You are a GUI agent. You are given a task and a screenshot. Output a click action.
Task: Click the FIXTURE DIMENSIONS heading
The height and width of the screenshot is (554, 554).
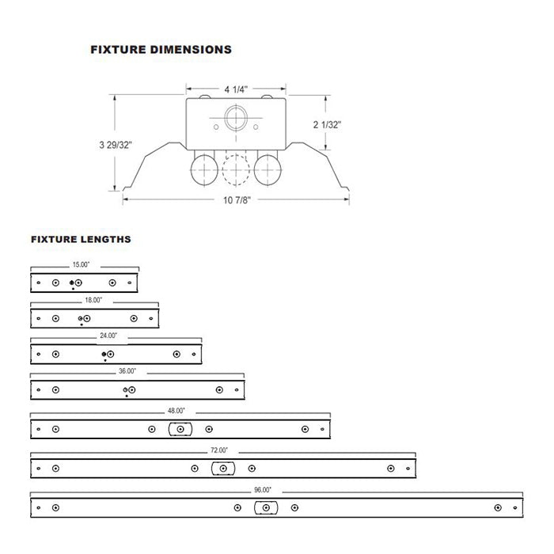point(161,49)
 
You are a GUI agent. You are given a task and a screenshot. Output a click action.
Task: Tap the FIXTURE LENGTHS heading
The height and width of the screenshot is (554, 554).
point(81,239)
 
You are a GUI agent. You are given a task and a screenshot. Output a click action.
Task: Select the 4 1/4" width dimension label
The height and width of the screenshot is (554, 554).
point(236,89)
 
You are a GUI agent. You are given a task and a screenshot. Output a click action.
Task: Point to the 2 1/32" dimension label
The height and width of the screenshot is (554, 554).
point(327,124)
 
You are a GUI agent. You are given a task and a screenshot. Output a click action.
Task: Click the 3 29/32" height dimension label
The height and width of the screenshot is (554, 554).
point(116,145)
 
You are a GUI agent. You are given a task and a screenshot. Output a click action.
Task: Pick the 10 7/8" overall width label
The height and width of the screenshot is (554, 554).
point(237,200)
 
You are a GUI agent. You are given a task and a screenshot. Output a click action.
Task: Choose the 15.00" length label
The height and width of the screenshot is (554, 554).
point(81,264)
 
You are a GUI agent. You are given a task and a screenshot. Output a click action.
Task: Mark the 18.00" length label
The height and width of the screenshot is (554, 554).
point(93,300)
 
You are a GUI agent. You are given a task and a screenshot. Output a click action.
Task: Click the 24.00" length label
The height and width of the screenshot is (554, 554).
point(108,336)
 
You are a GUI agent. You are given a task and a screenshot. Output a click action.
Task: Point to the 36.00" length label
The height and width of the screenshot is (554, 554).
point(127,371)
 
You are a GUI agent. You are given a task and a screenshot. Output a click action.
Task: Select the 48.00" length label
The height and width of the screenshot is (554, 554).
point(176,411)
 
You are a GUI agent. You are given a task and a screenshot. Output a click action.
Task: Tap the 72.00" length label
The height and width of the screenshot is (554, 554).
point(219,450)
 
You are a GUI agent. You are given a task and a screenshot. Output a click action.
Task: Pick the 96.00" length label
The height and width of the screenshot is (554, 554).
point(263,490)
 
